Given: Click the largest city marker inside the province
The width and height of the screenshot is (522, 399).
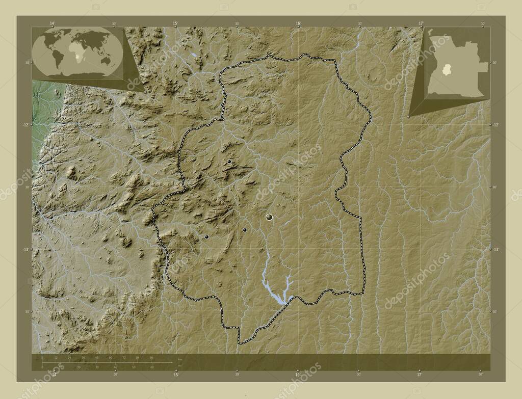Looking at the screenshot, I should [269, 218].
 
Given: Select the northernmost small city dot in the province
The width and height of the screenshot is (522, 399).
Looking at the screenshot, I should [229, 162].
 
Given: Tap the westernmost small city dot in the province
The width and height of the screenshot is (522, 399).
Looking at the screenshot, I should [206, 236].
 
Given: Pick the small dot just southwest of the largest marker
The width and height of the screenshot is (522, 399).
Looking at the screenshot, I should [245, 230].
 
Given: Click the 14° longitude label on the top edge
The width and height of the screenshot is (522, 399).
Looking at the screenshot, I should [53, 23].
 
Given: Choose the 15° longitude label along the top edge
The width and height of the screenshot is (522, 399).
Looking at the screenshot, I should [175, 23].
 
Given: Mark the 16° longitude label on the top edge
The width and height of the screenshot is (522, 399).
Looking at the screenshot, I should [298, 23].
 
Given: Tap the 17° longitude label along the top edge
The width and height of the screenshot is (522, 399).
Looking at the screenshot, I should [421, 23].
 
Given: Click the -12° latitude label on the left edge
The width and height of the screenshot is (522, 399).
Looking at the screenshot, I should [27, 124].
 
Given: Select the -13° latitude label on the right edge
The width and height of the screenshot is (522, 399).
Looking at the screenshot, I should [495, 249].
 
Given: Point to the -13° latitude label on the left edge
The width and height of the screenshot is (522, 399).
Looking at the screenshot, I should [27, 249].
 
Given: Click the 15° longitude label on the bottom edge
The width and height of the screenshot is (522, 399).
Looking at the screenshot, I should [175, 375].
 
